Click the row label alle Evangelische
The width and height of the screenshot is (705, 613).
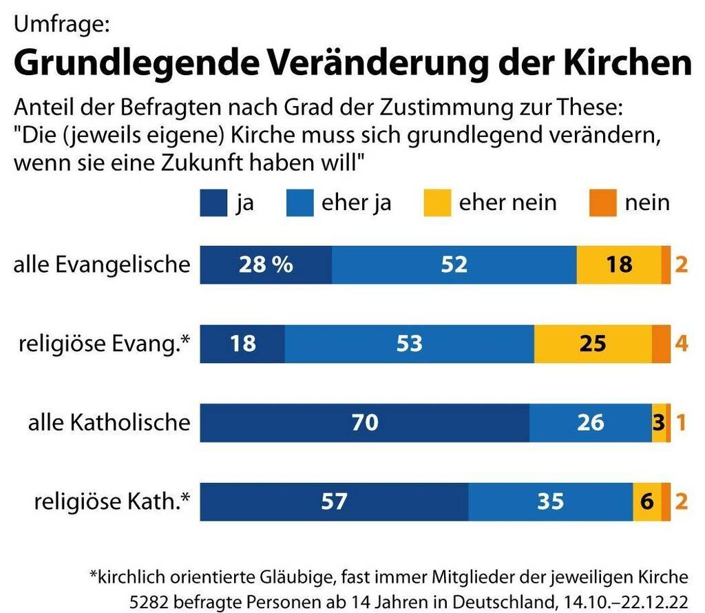(x=102, y=264)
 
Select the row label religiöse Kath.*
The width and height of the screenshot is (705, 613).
(x=112, y=501)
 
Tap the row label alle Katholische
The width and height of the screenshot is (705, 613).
(x=109, y=422)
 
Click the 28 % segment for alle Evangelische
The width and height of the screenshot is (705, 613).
(x=266, y=264)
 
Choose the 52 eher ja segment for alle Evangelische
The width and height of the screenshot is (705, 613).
(x=454, y=264)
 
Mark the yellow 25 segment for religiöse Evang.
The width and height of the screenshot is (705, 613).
(x=593, y=343)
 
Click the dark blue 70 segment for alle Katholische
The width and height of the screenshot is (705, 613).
(x=364, y=422)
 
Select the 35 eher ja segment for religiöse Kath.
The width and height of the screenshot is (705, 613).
(x=550, y=501)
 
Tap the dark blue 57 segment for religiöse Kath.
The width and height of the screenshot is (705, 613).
(x=334, y=501)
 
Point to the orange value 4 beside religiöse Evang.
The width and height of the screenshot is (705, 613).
(x=681, y=343)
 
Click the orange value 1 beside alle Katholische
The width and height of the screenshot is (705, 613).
(x=681, y=422)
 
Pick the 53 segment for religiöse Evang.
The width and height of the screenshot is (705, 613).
(x=409, y=343)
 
